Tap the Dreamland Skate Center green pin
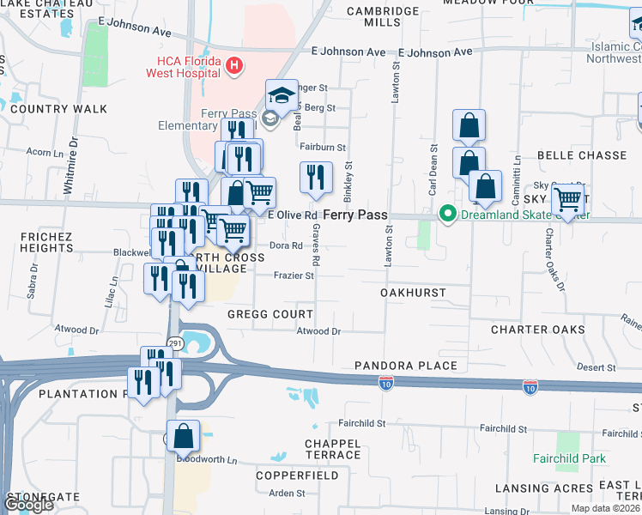point(446,214)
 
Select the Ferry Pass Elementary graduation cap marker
point(281,97)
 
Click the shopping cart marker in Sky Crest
point(567,200)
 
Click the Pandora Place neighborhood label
point(406,366)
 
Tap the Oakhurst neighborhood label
point(413,293)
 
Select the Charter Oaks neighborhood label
point(538,330)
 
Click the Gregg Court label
point(270,314)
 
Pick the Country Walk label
point(59,109)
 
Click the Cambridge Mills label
point(383,16)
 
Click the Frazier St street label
point(294,276)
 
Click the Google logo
point(28,504)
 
